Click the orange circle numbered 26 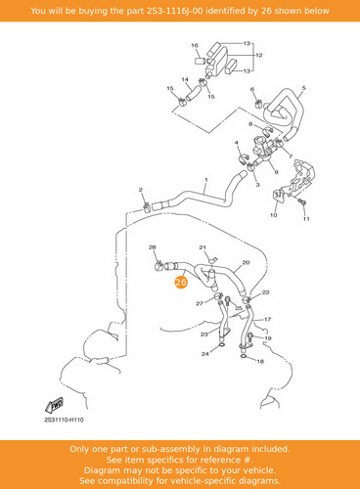(181, 283)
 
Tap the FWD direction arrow (55, 405)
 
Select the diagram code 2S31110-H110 (64, 420)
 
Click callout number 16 (195, 45)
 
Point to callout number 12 (259, 55)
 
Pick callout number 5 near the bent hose (304, 88)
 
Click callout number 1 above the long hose (206, 180)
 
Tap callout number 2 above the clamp (141, 190)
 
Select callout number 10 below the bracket (274, 215)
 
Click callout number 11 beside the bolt (306, 219)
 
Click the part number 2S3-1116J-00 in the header (174, 11)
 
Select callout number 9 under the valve (276, 172)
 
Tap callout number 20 (246, 262)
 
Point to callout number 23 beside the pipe (204, 334)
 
